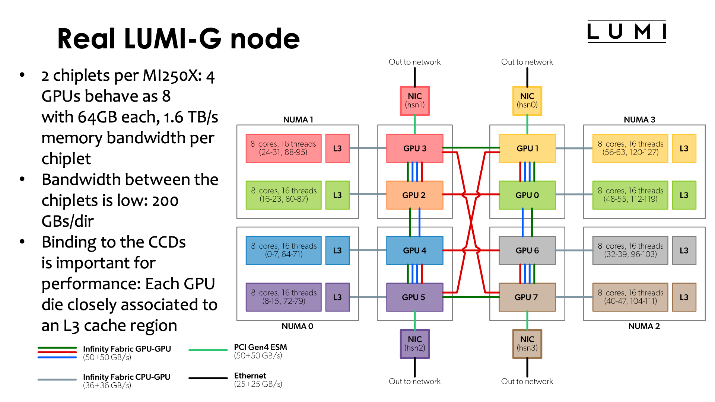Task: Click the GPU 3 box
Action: (x=414, y=148)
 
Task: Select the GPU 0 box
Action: (x=527, y=195)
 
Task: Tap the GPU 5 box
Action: (x=414, y=297)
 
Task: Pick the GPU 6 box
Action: (x=527, y=251)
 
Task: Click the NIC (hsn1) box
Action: (x=414, y=100)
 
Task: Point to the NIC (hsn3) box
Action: (x=527, y=344)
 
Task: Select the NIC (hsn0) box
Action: (x=527, y=100)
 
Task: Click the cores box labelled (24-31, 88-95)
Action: (x=283, y=148)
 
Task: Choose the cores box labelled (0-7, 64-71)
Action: (x=283, y=250)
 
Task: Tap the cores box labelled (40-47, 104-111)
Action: (x=630, y=297)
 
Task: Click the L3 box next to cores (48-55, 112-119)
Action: (x=684, y=195)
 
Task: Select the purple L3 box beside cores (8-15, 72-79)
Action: (x=337, y=297)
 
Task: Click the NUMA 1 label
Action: (x=298, y=119)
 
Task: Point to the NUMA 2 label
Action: (x=644, y=326)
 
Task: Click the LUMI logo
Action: (x=626, y=31)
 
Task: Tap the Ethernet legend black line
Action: (x=208, y=378)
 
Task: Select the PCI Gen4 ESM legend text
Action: (x=260, y=347)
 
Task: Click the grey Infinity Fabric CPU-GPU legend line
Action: (x=57, y=380)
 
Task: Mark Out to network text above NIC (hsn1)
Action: (x=414, y=62)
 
